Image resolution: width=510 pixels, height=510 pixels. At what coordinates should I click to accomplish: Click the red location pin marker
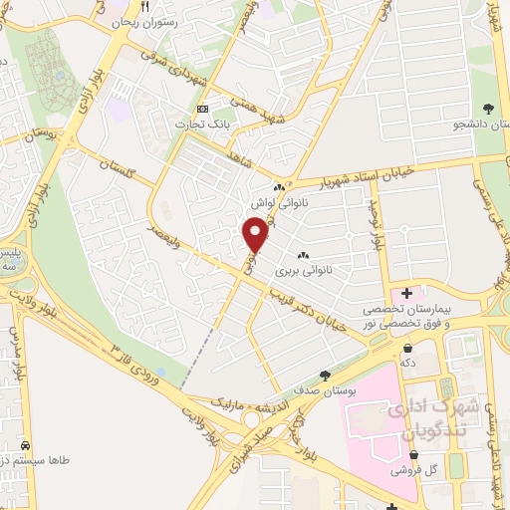(x=255, y=235)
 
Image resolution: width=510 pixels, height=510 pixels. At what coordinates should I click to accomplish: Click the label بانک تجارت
(x=196, y=124)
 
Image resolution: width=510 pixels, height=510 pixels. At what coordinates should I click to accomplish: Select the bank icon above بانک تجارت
(x=203, y=109)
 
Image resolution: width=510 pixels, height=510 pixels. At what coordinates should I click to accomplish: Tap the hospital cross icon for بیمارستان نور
(x=406, y=294)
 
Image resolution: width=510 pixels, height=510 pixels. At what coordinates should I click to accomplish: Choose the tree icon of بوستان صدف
(x=325, y=375)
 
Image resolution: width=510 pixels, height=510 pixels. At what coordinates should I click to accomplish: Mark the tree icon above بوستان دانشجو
(x=487, y=109)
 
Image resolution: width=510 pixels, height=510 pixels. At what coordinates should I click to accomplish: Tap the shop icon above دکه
(x=409, y=348)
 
